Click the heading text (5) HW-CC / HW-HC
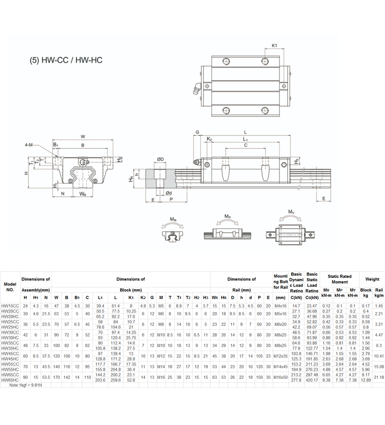(x=66, y=61)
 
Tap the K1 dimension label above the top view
(x=274, y=45)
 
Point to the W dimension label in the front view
(x=83, y=136)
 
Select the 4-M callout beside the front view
(x=30, y=145)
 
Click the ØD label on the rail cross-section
(x=160, y=159)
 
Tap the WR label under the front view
(x=83, y=194)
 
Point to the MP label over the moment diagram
(x=226, y=218)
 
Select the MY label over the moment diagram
(x=291, y=212)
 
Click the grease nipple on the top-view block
(x=197, y=87)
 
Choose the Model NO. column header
(x=10, y=287)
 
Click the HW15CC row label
(x=10, y=306)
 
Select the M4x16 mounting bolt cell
(x=280, y=306)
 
